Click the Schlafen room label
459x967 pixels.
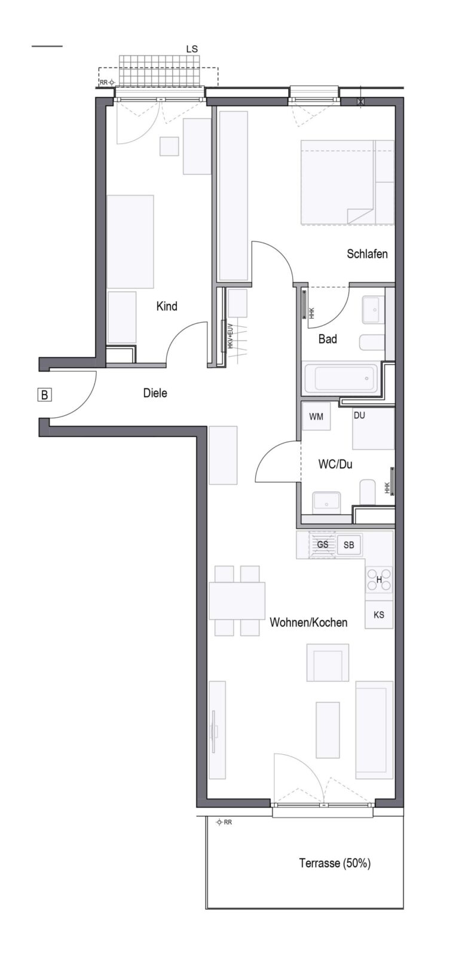tap(367, 254)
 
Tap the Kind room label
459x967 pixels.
tap(167, 307)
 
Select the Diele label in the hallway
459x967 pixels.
tap(155, 393)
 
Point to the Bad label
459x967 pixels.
tap(328, 339)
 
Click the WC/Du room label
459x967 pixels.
tap(335, 464)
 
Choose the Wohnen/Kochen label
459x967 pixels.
tap(308, 622)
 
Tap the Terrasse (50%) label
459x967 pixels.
tap(335, 863)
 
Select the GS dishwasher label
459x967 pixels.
tap(323, 544)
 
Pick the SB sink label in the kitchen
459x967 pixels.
tap(349, 545)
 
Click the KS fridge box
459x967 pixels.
tap(379, 615)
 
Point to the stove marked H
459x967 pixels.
tap(379, 580)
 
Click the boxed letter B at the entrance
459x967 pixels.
tap(44, 394)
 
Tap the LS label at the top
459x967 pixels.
tap(192, 49)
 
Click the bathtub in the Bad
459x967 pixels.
tap(341, 378)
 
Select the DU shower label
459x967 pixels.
tap(359, 415)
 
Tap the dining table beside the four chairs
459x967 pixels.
tap(237, 601)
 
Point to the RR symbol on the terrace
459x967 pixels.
tap(224, 822)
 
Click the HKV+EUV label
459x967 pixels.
tap(229, 336)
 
